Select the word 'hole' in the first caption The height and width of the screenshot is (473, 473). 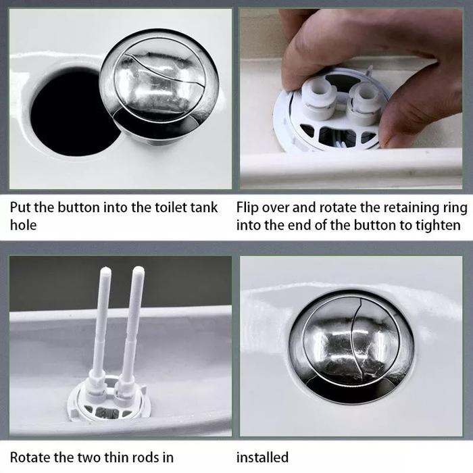(x=23, y=225)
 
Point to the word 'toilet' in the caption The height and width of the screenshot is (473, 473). (x=171, y=207)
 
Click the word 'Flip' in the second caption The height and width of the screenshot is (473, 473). (x=247, y=208)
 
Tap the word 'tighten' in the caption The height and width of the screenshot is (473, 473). (x=438, y=226)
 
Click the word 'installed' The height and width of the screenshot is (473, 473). (x=262, y=457)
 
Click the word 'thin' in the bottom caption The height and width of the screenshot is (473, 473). (x=116, y=457)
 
